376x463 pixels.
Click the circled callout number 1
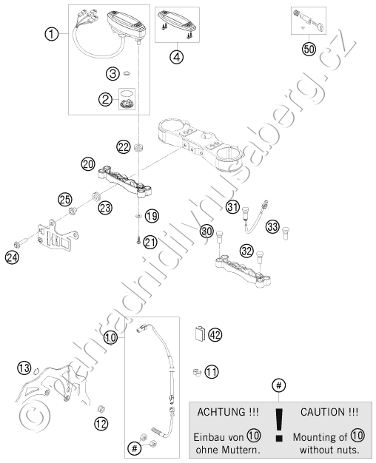click(x=52, y=34)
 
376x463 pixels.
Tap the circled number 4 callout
click(x=176, y=57)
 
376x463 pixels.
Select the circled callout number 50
click(x=309, y=49)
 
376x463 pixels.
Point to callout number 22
click(x=124, y=146)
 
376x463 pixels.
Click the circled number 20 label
click(x=88, y=164)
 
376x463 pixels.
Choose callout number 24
click(x=12, y=257)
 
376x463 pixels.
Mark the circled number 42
click(x=215, y=335)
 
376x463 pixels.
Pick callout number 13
click(x=24, y=368)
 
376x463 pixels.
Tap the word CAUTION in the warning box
click(x=323, y=412)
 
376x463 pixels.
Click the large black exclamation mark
click(x=279, y=425)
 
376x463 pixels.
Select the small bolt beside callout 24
click(x=21, y=243)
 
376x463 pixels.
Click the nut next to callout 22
click(x=138, y=146)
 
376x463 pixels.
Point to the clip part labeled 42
click(x=201, y=334)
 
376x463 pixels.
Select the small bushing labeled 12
click(x=101, y=409)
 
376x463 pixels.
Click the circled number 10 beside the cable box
click(x=110, y=337)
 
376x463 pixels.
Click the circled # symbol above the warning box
click(x=279, y=385)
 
